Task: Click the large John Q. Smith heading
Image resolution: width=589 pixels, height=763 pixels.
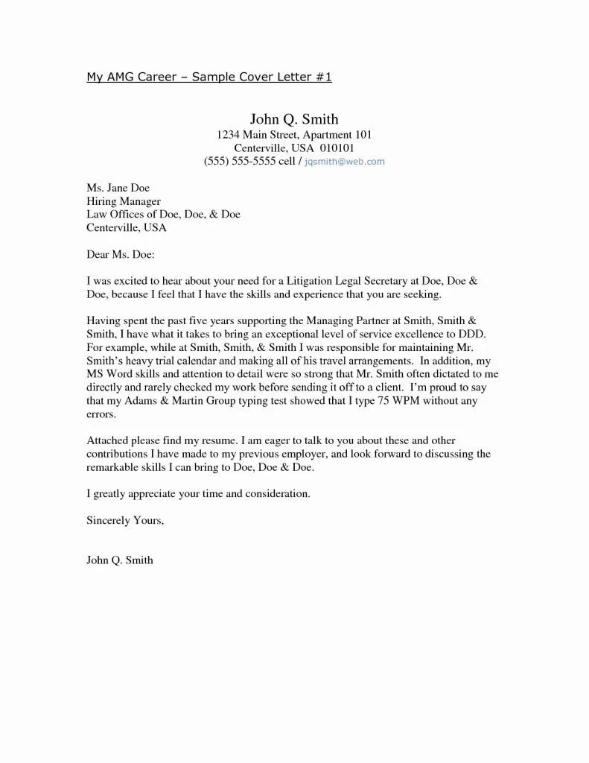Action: pyautogui.click(x=294, y=118)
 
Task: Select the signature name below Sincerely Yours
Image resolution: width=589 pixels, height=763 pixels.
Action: pyautogui.click(x=120, y=560)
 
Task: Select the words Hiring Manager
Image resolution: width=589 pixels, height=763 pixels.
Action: pyautogui.click(x=124, y=201)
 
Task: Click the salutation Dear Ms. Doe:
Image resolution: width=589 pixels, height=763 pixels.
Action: pyautogui.click(x=120, y=254)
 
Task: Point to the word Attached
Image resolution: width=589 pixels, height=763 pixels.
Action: pyautogui.click(x=109, y=440)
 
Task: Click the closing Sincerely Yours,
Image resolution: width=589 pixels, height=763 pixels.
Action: pyautogui.click(x=125, y=520)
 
